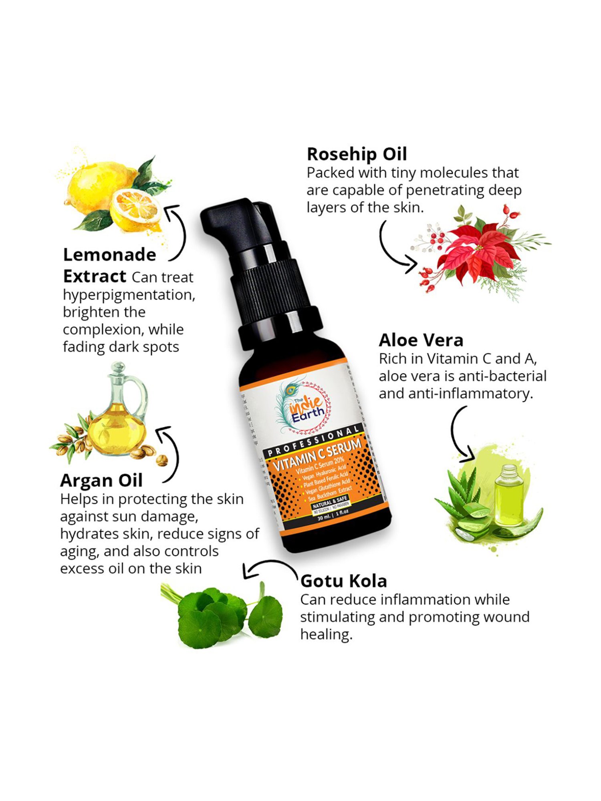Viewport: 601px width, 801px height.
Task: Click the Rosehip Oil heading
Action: pos(357,154)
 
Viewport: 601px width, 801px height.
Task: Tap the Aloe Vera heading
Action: pos(421,340)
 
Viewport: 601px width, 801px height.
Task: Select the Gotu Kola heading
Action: pos(343,581)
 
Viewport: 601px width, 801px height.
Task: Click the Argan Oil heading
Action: pos(101,481)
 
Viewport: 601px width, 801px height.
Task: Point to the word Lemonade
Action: pos(109,255)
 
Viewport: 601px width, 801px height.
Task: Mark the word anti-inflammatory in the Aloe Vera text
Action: pos(471,394)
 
